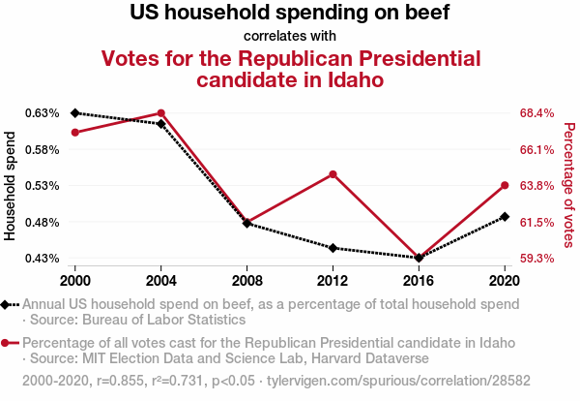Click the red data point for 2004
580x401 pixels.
(x=160, y=113)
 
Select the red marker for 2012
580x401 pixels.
(x=333, y=174)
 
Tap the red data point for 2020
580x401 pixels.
(x=505, y=185)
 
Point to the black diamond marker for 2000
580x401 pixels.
(x=74, y=113)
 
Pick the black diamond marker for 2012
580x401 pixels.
(x=333, y=248)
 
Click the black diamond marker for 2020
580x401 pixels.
(x=505, y=217)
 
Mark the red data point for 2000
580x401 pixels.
(x=74, y=132)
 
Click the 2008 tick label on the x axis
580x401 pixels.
(x=246, y=280)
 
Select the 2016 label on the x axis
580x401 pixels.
(x=419, y=280)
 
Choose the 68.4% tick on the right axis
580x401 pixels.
(x=536, y=113)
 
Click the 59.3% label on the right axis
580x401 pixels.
(x=536, y=259)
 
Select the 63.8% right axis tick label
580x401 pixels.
(x=536, y=186)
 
